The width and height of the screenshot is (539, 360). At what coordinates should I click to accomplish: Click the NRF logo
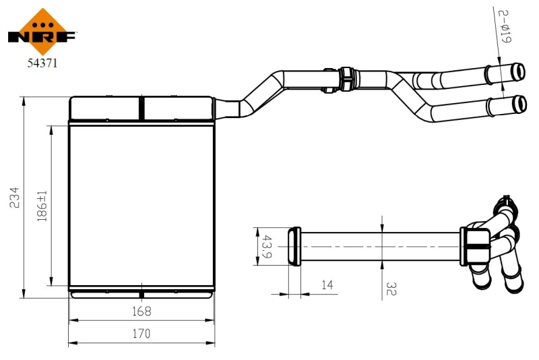42,32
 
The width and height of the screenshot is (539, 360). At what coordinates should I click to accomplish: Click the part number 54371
42,64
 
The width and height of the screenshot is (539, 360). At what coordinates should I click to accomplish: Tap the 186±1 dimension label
42,206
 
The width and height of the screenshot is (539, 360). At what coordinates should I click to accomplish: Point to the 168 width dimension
141,311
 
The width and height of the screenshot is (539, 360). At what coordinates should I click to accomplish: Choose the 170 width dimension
141,333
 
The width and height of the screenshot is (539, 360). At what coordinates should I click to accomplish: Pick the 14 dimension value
327,286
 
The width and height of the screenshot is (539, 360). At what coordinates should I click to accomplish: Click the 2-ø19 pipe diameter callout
505,26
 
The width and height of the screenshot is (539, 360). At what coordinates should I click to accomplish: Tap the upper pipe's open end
519,70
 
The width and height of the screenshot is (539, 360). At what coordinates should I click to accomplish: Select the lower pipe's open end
519,104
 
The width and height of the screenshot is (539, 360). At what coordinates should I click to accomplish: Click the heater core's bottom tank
141,293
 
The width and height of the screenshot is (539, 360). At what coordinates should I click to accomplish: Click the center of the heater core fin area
141,206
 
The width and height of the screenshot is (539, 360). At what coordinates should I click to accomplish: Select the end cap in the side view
294,247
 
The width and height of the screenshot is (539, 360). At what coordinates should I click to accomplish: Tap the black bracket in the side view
476,244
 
